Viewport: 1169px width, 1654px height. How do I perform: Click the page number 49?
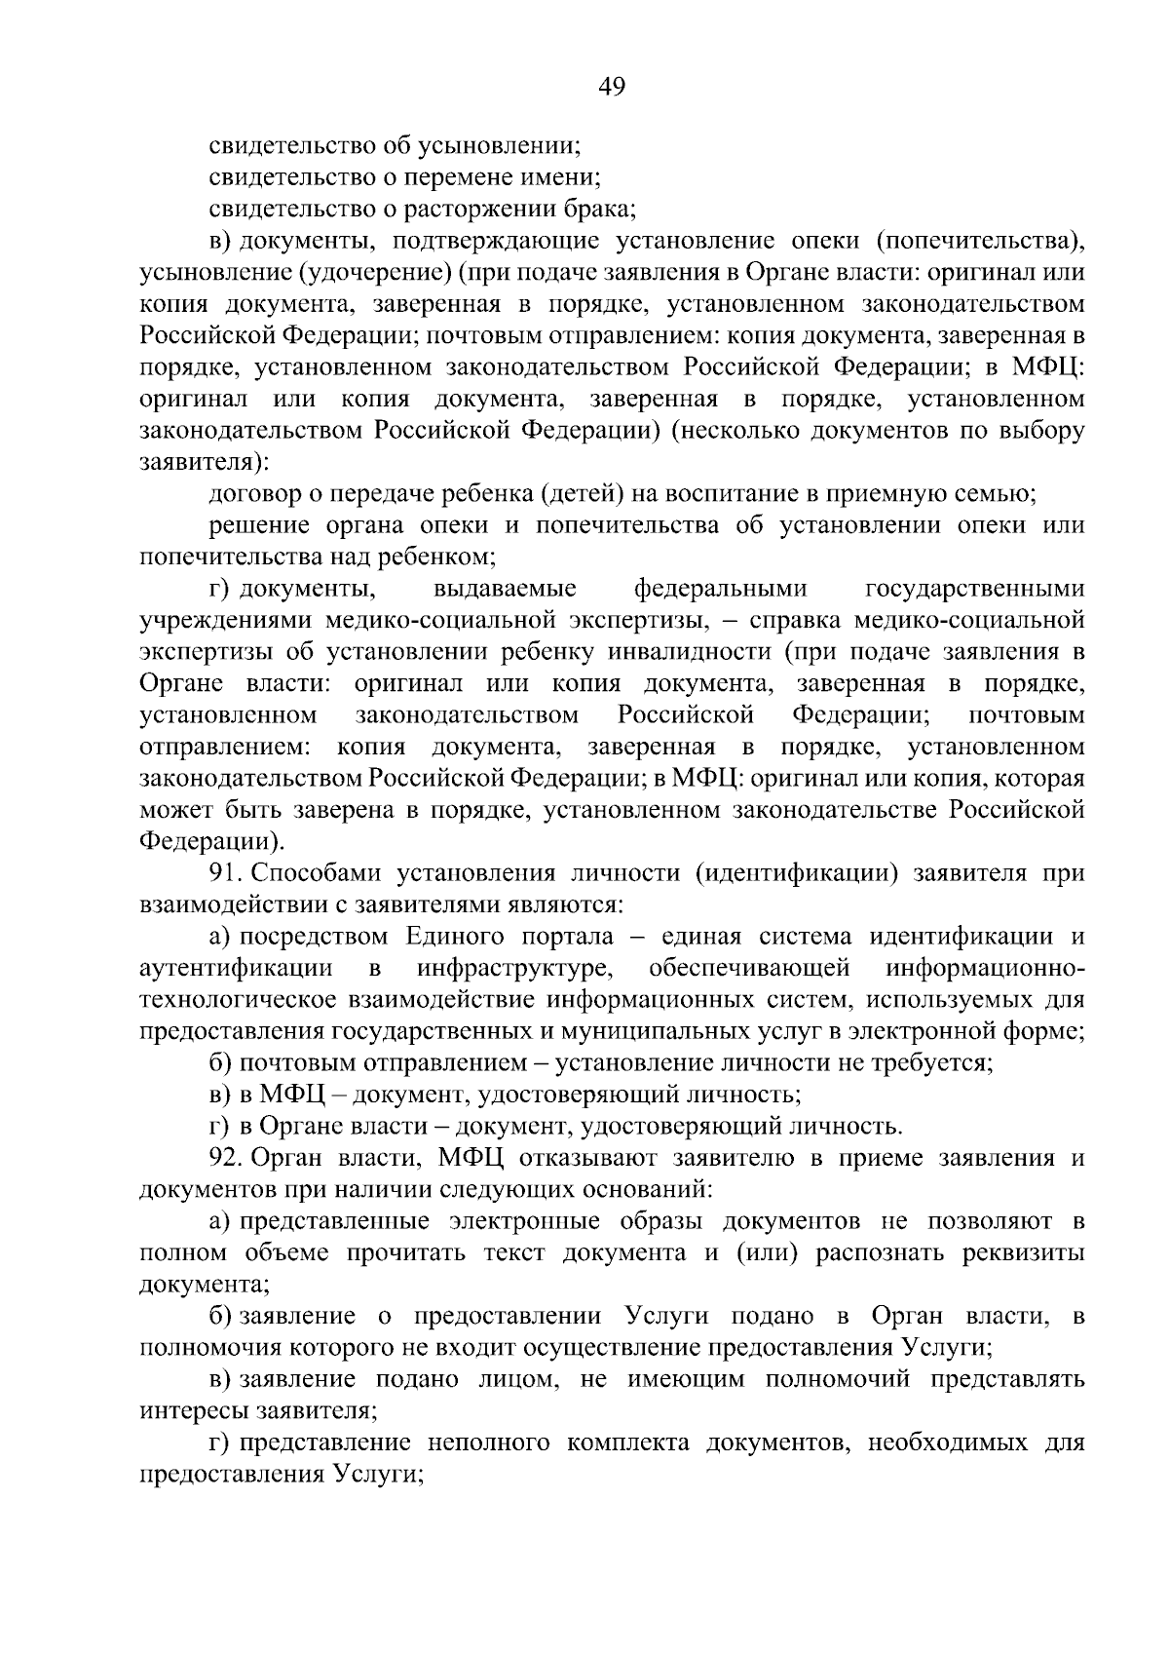pyautogui.click(x=612, y=87)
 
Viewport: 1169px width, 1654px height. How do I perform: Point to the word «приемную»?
pyautogui.click(x=885, y=493)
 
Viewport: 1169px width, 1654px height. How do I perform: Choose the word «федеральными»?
pyautogui.click(x=721, y=589)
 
